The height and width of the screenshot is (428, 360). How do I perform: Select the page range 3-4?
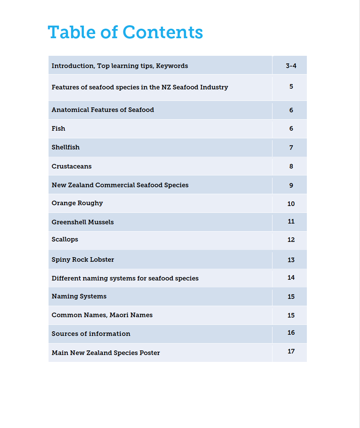coord(291,66)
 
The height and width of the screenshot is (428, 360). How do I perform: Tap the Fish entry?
coord(58,128)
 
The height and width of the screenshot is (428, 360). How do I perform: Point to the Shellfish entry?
coord(66,147)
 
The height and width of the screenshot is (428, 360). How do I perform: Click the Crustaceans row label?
coord(71,166)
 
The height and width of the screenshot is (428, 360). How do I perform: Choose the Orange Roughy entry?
coord(77,203)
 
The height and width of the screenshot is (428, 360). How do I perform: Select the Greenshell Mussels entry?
coord(83,222)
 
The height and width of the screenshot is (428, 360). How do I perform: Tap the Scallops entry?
coord(65,240)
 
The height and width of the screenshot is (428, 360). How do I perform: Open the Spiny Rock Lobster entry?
coord(83,259)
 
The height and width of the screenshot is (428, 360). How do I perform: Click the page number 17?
coord(291,351)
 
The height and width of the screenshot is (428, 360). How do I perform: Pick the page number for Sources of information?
coord(291,332)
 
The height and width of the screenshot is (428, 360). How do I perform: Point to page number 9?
coord(291,185)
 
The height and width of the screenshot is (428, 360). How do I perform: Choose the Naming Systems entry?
coord(79,296)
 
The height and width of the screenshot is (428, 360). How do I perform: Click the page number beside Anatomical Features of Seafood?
coord(291,110)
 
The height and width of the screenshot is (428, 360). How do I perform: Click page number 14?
coord(291,277)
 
